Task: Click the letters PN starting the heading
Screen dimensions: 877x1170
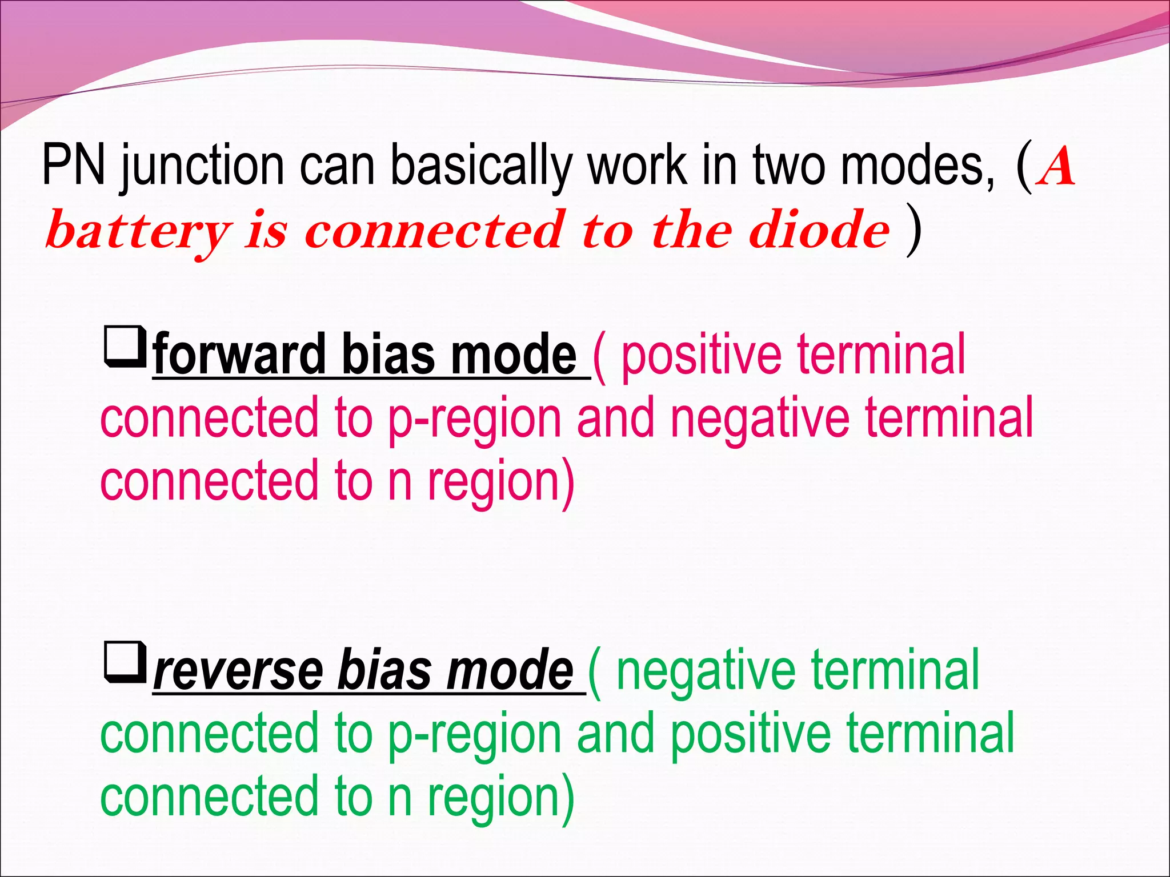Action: click(x=73, y=166)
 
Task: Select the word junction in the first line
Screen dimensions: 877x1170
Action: click(x=202, y=167)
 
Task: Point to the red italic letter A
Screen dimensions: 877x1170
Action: click(x=1057, y=167)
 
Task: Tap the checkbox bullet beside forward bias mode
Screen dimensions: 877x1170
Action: click(x=124, y=346)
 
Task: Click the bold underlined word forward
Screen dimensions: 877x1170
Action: click(x=240, y=355)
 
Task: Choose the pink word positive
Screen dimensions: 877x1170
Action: click(x=701, y=355)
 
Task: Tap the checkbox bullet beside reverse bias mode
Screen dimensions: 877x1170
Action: click(x=124, y=662)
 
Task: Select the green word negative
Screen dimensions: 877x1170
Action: click(x=706, y=671)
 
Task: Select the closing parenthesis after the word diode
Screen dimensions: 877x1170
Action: click(x=913, y=231)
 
